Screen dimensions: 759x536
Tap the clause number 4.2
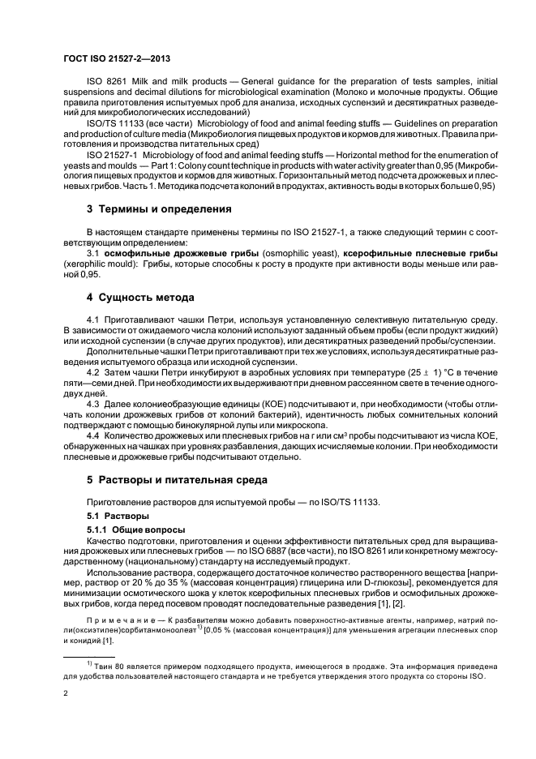point(94,370)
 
